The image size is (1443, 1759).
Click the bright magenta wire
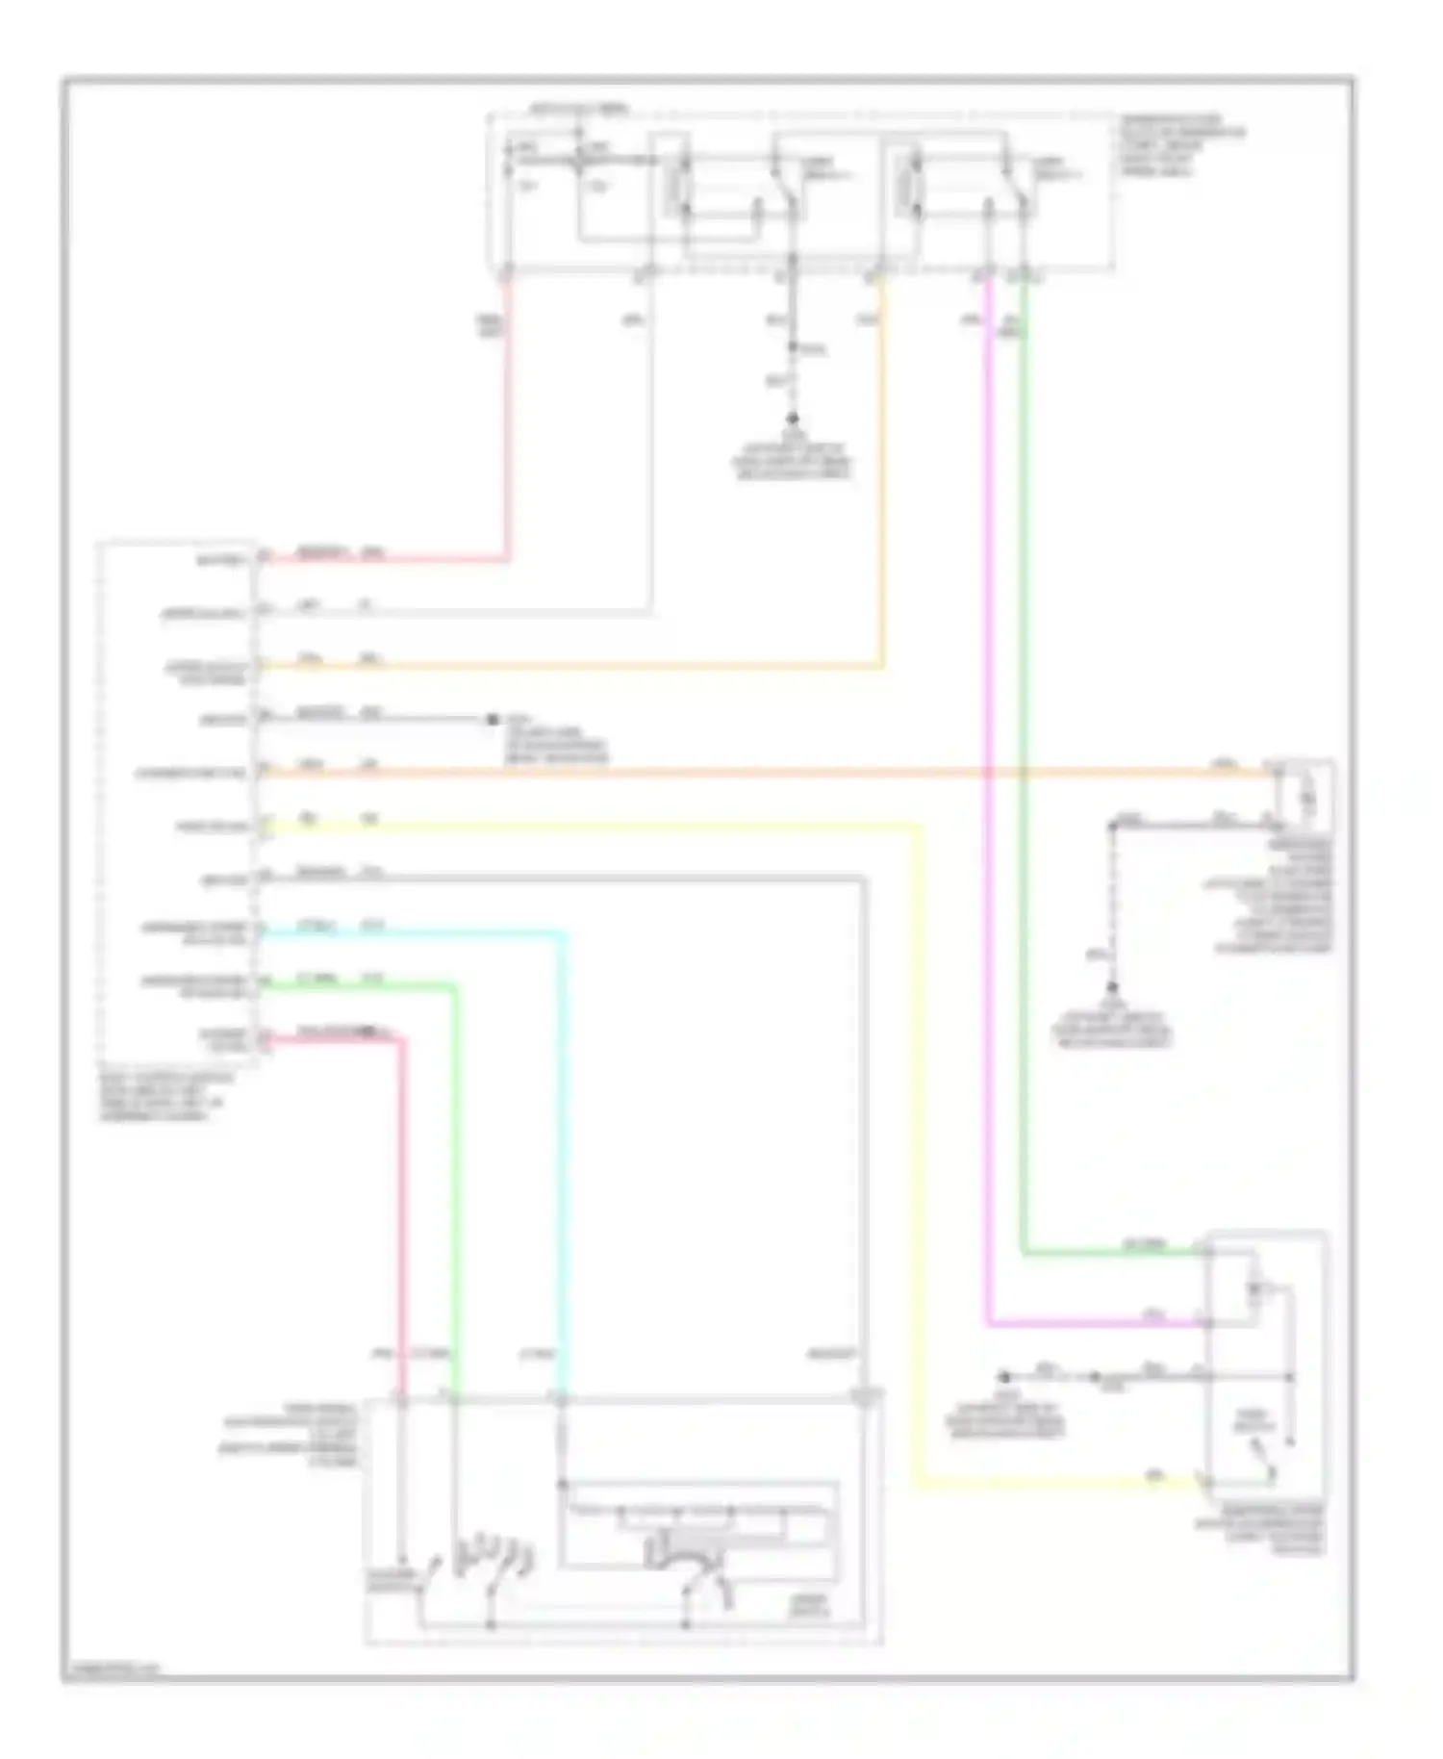pyautogui.click(x=988, y=866)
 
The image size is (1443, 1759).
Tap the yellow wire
pyautogui.click(x=914, y=1155)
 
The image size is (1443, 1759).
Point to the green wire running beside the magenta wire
pyautogui.click(x=1023, y=866)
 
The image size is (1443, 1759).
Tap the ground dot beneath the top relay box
pyautogui.click(x=794, y=421)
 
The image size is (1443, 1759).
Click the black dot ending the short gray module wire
pyautogui.click(x=492, y=719)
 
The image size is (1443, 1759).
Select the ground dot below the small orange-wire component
pyautogui.click(x=1112, y=988)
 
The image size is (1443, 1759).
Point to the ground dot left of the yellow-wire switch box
pyautogui.click(x=1005, y=1377)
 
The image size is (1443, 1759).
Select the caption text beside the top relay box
pyautogui.click(x=1181, y=146)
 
